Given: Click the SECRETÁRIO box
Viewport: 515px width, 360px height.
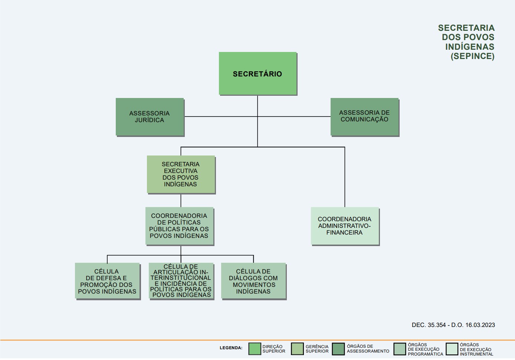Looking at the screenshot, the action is tap(258, 73).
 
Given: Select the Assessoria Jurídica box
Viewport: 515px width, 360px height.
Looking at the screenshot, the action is tap(150, 117).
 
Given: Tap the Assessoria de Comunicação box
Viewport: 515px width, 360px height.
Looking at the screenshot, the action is tap(365, 117).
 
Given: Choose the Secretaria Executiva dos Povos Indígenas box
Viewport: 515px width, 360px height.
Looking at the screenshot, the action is tap(181, 174).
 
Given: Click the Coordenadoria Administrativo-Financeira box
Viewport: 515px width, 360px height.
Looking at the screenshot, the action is tap(345, 226).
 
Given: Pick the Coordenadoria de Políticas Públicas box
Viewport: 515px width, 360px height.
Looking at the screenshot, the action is tap(179, 226).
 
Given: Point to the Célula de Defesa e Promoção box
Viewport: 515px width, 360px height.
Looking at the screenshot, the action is tap(108, 281).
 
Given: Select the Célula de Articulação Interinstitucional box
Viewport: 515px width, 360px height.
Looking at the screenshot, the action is tap(181, 281).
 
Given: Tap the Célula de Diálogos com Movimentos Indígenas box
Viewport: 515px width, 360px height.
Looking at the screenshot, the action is tap(253, 281).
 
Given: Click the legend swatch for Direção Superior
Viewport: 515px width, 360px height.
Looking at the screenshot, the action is tap(255, 349).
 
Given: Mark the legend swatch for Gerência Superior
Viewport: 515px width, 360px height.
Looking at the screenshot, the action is tap(297, 349).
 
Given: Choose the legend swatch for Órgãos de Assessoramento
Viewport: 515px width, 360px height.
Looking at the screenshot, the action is tap(338, 349).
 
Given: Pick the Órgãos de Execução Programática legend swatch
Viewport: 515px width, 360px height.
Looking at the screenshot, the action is tap(400, 349).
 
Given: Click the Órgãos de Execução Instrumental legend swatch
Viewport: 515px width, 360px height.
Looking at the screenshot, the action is tap(452, 349).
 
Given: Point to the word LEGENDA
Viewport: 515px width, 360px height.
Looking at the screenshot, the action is tap(231, 348).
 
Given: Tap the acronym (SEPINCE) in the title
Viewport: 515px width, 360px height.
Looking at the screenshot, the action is tap(472, 56).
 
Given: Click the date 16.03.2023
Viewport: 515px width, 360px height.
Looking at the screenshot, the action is tap(480, 325).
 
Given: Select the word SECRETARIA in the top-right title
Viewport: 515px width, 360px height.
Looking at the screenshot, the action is tap(466, 28).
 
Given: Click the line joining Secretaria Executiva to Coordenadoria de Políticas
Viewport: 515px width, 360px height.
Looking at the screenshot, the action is tap(181, 200).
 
